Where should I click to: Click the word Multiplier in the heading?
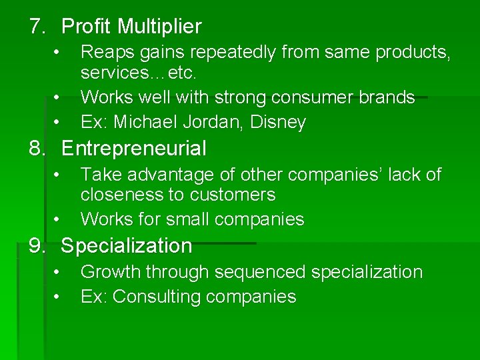(x=159, y=27)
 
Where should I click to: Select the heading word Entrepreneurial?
(x=133, y=148)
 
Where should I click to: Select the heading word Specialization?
(x=126, y=246)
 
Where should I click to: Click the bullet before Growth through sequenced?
(x=58, y=272)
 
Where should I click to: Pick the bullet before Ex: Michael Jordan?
(x=58, y=122)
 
